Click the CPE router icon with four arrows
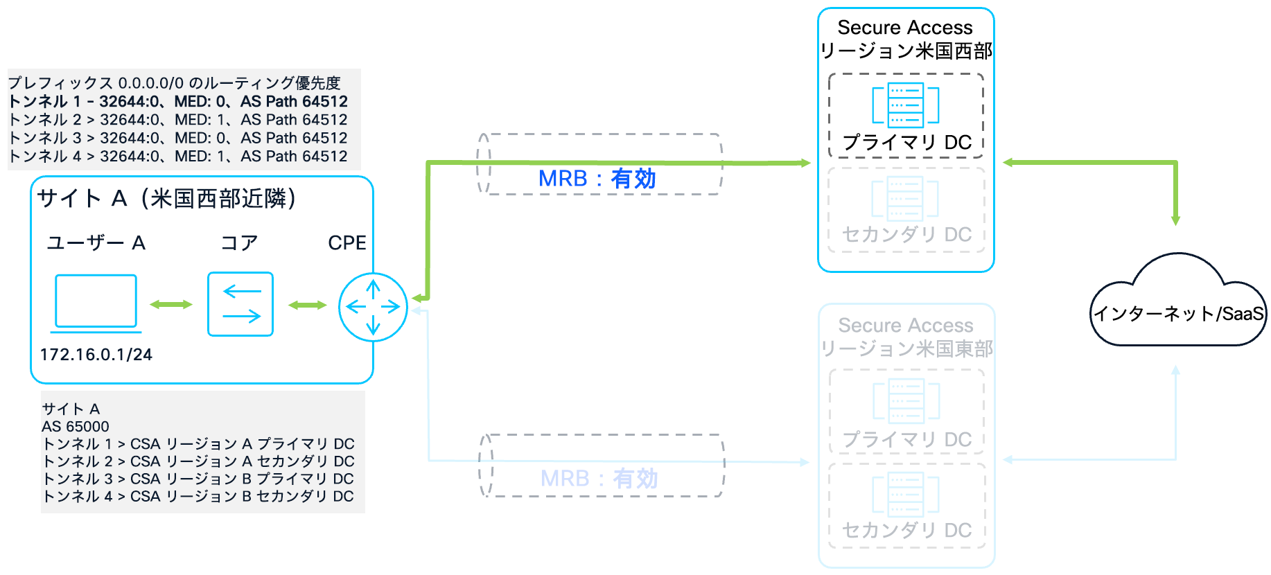click(x=373, y=307)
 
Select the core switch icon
click(x=240, y=304)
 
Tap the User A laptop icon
click(x=96, y=302)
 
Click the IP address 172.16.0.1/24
click(x=96, y=355)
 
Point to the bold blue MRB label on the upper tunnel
click(x=597, y=179)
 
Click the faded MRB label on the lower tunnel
click(x=599, y=479)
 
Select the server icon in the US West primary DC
click(x=905, y=105)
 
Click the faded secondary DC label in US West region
click(x=906, y=235)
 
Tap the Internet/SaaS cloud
click(x=1178, y=305)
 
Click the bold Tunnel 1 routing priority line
click(x=178, y=102)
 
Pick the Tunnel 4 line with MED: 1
click(x=178, y=157)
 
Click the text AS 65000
click(x=76, y=427)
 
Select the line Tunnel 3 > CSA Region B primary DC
click(x=198, y=479)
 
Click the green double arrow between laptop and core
click(x=171, y=305)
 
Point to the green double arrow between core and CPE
click(x=307, y=305)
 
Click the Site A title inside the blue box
click(x=166, y=199)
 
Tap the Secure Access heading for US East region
click(x=906, y=326)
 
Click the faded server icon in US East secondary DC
click(x=905, y=494)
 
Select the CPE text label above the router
click(x=347, y=243)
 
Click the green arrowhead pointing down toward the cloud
click(x=1175, y=220)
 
